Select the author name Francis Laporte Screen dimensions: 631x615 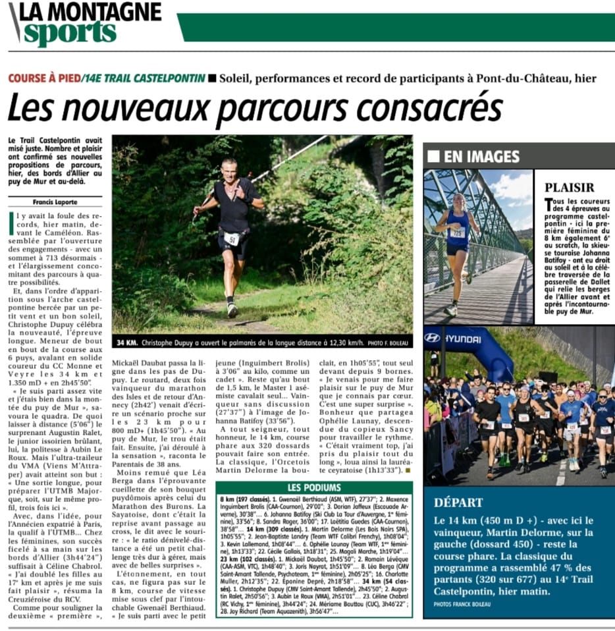click(55, 202)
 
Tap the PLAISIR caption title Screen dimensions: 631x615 click(570, 188)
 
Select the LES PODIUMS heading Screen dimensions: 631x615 click(314, 488)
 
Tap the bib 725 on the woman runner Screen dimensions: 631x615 click(457, 232)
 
